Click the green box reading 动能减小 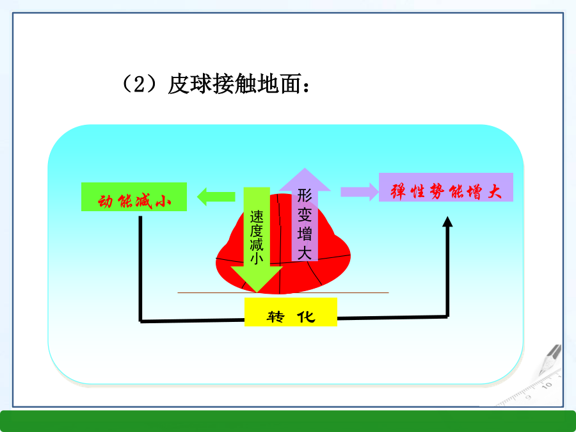(x=134, y=197)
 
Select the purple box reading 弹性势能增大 (x=446, y=187)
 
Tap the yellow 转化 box (x=291, y=312)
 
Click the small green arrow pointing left (x=216, y=197)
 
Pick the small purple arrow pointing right (x=360, y=192)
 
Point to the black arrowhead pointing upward (x=447, y=222)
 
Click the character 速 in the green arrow (x=257, y=217)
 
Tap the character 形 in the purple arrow (x=305, y=195)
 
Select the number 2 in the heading (x=138, y=85)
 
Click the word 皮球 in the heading (x=190, y=85)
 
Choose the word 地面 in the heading (x=279, y=85)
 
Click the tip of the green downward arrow (x=257, y=292)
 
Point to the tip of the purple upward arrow (x=305, y=168)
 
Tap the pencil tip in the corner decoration (x=541, y=374)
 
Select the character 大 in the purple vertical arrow (x=305, y=253)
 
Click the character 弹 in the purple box (x=397, y=191)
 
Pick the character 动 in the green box (x=106, y=201)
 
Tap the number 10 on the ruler (x=547, y=385)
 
